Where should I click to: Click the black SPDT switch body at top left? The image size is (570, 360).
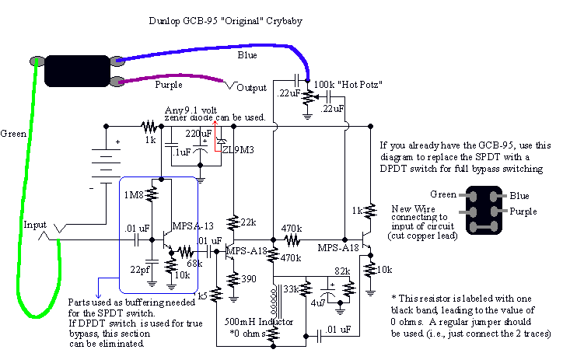[75, 71]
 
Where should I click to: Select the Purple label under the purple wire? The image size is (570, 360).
[169, 84]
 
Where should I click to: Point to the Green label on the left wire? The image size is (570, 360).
[14, 133]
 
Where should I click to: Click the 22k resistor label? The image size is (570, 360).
[248, 222]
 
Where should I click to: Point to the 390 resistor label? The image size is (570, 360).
[248, 278]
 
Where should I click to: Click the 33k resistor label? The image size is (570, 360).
[291, 289]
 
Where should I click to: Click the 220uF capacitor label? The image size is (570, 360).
[199, 133]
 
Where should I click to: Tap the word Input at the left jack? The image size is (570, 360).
[36, 225]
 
